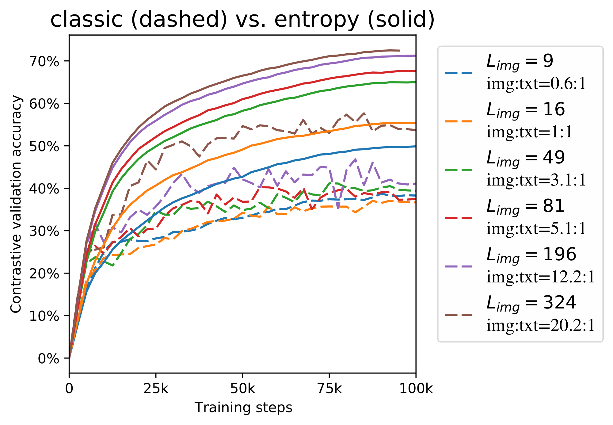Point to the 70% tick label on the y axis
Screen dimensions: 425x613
coord(44,62)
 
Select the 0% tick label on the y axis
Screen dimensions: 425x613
coord(48,358)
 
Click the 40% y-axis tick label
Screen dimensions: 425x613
coord(44,189)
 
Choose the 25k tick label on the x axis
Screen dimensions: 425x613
coord(156,389)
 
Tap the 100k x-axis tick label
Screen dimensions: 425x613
coord(416,389)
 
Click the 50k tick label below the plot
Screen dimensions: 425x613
coord(242,389)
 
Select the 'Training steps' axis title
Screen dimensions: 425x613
coord(243,408)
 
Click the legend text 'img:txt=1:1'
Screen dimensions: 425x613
coord(529,132)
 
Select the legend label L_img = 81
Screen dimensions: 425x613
coord(525,206)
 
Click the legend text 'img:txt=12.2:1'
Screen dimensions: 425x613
coord(540,277)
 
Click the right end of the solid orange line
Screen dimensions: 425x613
coord(415,123)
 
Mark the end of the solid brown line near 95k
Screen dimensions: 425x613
coord(399,50)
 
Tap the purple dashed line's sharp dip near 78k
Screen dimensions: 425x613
coord(338,208)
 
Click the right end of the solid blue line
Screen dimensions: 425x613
coord(415,146)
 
